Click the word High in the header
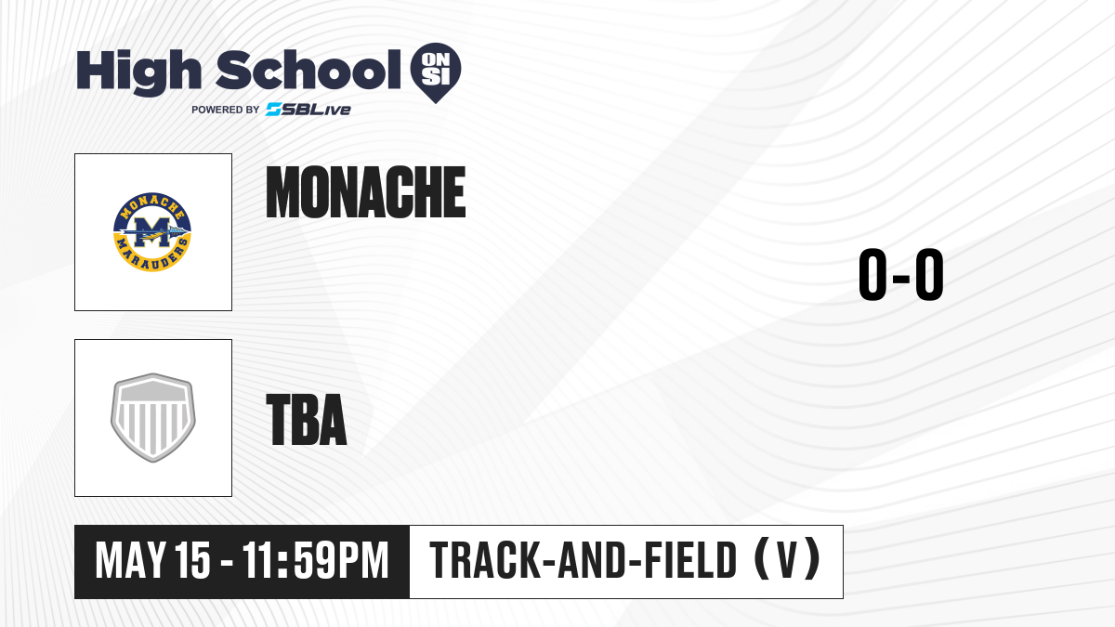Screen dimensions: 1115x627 (138, 72)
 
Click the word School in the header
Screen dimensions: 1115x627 (308, 69)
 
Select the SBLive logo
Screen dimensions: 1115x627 (308, 110)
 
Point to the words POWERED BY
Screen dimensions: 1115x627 (226, 110)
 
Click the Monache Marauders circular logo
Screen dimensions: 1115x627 (152, 232)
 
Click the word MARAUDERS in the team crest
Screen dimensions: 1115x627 (152, 255)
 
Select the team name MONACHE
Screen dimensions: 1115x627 (366, 192)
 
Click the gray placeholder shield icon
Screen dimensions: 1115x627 (152, 418)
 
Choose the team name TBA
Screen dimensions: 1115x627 (307, 420)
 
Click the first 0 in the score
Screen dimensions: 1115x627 (872, 274)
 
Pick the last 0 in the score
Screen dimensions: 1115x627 (929, 274)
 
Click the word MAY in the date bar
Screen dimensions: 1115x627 (130, 560)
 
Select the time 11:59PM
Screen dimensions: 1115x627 (315, 560)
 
